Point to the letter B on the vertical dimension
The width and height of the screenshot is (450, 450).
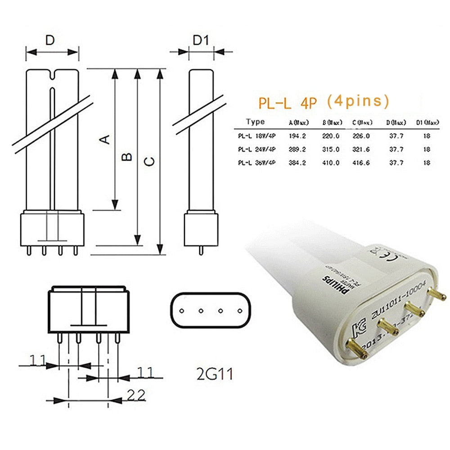(x=128, y=157)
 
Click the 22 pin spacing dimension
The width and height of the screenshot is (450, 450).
(x=135, y=395)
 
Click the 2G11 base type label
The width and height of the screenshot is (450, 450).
(x=211, y=373)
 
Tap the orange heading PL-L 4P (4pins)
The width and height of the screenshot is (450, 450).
(x=324, y=102)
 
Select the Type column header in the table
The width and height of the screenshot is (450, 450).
(x=256, y=122)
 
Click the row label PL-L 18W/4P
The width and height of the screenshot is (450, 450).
(x=257, y=135)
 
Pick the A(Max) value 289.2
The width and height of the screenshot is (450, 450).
(x=297, y=149)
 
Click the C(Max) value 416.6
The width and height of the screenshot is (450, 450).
(x=360, y=162)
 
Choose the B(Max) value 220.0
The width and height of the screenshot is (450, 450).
(x=331, y=135)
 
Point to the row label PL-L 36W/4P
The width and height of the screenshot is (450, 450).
(x=257, y=162)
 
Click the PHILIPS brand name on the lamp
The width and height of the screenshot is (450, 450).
(x=332, y=286)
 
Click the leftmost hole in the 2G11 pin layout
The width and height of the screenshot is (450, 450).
(x=181, y=310)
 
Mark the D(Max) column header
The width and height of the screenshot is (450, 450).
(x=396, y=122)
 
